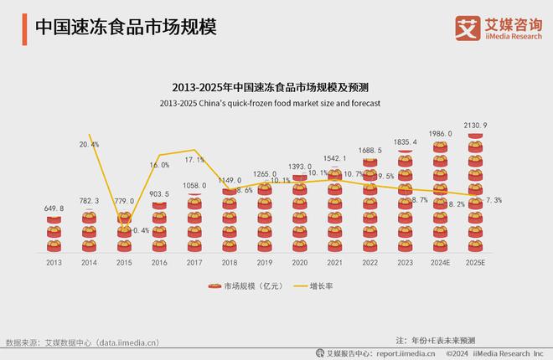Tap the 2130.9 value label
[x=474, y=126]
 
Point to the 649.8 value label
[x=53, y=209]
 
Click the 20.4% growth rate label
[x=90, y=144]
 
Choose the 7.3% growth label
[x=494, y=200]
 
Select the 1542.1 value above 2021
[x=334, y=158]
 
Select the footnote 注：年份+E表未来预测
[x=435, y=340]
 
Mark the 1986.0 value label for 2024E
[x=439, y=134]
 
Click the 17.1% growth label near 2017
[x=195, y=159]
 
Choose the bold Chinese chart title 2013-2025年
[x=276, y=87]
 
